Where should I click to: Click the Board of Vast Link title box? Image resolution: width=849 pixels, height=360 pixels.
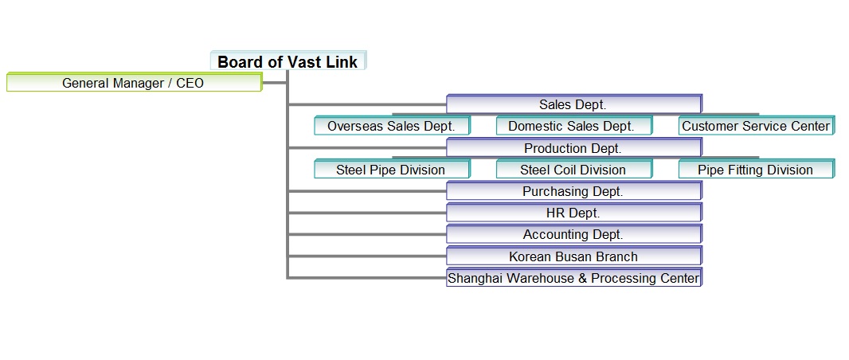coord(288,61)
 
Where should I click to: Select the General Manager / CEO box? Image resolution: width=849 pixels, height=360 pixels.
coord(135,83)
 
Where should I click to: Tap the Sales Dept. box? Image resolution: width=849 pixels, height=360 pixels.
coord(574,104)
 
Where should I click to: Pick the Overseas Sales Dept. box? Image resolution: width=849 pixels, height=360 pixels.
coord(392,126)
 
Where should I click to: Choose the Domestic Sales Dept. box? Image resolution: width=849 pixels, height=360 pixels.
coord(574,126)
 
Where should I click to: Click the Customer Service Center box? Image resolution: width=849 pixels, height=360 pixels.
coord(756,126)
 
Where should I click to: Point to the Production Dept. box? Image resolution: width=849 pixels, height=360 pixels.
coord(574,147)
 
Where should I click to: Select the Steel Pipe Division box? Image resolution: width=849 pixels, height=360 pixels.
coord(392,169)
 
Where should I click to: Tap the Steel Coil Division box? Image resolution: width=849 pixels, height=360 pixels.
coord(574,169)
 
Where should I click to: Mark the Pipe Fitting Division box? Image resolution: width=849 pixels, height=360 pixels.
coord(756,169)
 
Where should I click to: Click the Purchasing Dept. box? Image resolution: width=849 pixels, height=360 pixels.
coord(574,190)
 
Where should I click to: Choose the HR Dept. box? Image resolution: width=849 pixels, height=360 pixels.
coord(574,212)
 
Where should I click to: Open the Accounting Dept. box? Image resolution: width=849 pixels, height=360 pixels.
coord(574,234)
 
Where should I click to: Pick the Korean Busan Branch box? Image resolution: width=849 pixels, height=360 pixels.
coord(574,256)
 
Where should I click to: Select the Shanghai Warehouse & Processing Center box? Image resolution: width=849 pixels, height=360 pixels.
coord(574,277)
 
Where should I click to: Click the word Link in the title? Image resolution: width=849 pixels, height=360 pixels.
coord(341,61)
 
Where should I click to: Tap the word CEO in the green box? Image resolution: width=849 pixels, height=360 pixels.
coord(190,84)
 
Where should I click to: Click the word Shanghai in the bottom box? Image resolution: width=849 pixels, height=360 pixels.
coord(474,278)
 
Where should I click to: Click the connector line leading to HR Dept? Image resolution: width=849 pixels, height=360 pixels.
coord(367,213)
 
